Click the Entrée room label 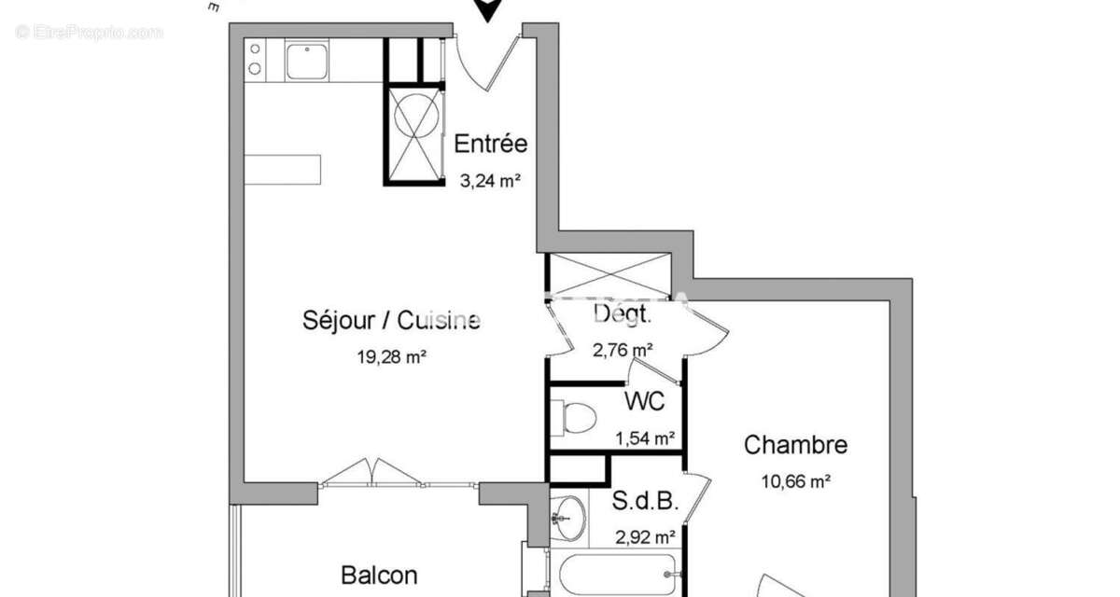pos(490,144)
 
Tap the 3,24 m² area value pos(489,182)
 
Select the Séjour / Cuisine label pos(391,321)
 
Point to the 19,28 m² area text pos(391,355)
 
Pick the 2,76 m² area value pos(623,351)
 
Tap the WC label pos(644,401)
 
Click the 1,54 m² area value pos(646,437)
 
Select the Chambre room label pos(795,445)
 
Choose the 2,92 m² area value pos(645,536)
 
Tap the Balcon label pos(378,576)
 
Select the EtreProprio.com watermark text pos(89,32)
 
